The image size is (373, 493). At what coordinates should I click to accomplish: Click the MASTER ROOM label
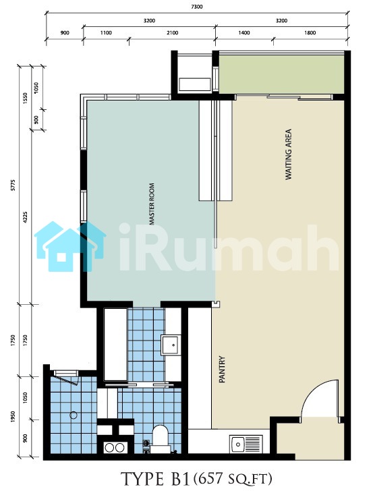[x=152, y=204]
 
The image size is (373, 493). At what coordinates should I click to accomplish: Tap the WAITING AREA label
[x=289, y=154]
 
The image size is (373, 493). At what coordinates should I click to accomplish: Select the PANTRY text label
[x=222, y=369]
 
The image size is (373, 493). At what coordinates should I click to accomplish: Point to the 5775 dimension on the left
[x=13, y=185]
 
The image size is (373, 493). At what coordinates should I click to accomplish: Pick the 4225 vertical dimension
[x=25, y=218]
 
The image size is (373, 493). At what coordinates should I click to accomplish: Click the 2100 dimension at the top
[x=173, y=32]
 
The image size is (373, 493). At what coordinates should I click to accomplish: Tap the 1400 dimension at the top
[x=244, y=32]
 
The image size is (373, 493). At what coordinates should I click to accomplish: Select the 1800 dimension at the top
[x=310, y=32]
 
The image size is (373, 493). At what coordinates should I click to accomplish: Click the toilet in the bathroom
[x=161, y=438]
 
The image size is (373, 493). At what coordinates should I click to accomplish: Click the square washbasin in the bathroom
[x=171, y=345]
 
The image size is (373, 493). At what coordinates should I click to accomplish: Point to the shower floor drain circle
[x=74, y=415]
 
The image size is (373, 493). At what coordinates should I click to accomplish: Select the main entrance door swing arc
[x=312, y=389]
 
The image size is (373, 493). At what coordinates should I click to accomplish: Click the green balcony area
[x=281, y=74]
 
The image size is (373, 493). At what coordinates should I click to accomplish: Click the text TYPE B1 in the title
[x=156, y=479]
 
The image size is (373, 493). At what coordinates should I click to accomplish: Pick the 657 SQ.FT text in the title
[x=233, y=479]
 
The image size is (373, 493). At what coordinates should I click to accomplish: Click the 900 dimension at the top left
[x=65, y=32]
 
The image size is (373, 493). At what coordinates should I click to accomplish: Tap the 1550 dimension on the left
[x=25, y=98]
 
